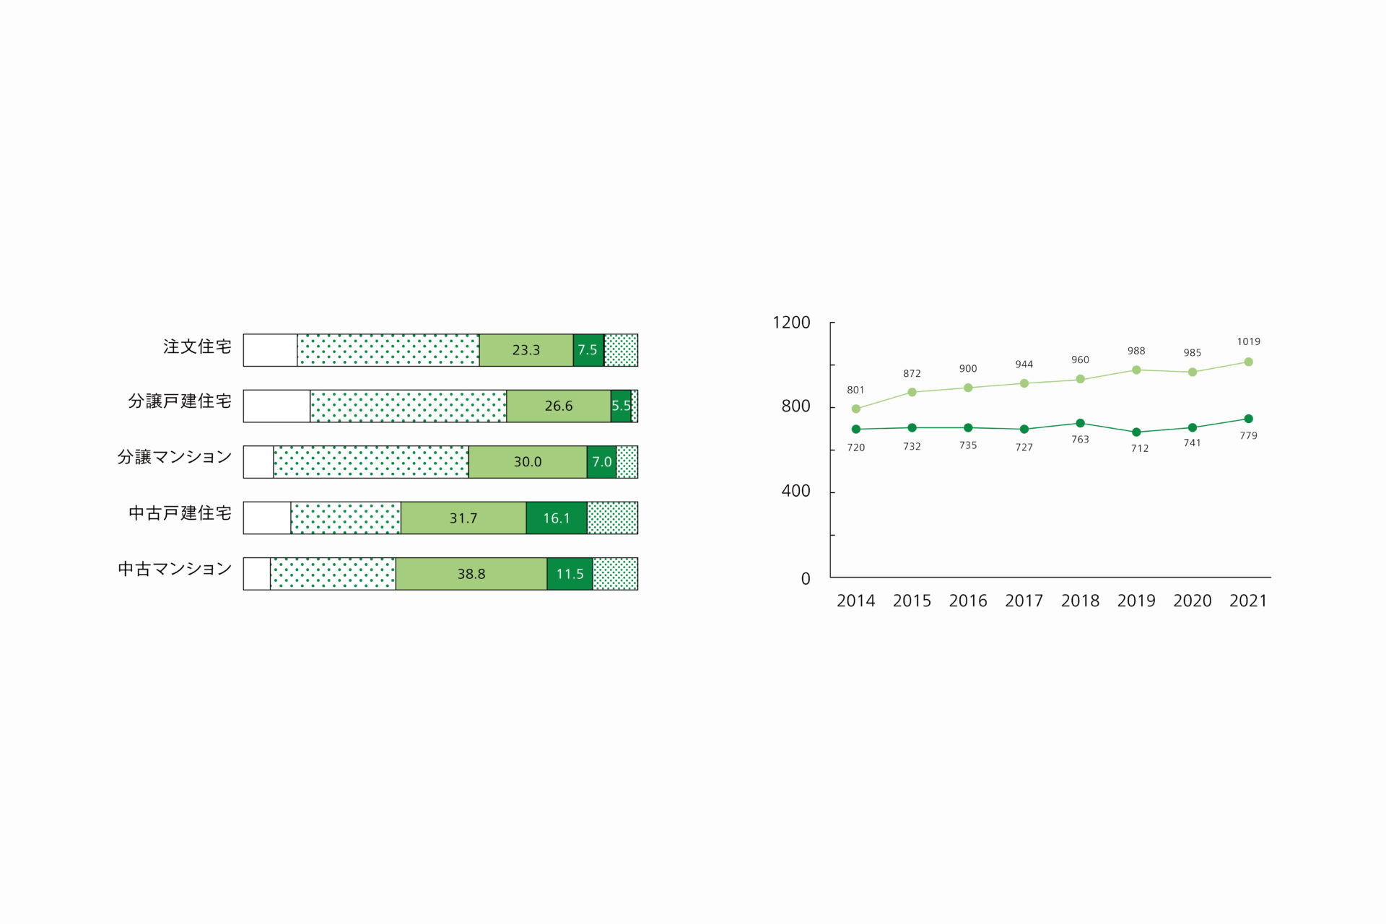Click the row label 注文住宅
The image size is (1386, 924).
197,346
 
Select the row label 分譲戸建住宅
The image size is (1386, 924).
180,401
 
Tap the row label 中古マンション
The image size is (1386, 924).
175,569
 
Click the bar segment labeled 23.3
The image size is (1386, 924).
526,350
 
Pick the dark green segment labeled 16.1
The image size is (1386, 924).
557,518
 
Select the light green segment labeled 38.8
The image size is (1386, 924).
471,574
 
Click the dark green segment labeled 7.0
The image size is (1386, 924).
601,462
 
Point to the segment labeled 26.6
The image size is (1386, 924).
559,406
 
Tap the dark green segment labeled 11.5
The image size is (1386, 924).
570,574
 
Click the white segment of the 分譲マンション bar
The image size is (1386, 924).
258,462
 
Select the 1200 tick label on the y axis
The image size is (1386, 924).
791,323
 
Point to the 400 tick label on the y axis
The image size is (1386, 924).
796,491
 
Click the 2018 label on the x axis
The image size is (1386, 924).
1080,601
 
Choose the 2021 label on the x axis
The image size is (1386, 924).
1248,601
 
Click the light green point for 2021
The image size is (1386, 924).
1248,362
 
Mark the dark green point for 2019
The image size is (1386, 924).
1136,432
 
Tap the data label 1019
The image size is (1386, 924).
1248,341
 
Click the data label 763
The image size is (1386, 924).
1080,440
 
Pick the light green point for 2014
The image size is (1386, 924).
856,409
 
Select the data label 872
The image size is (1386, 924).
912,373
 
